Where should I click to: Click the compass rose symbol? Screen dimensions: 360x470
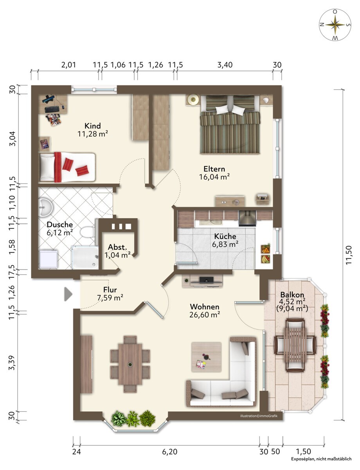tap(335, 25)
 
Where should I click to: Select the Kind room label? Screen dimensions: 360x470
tap(92, 126)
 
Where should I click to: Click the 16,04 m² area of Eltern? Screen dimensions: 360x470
tap(214, 177)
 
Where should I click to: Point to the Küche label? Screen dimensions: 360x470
tap(225, 236)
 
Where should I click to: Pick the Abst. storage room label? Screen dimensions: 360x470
tap(117, 247)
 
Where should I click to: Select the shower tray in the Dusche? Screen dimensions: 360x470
tap(85, 257)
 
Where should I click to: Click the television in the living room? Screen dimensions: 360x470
tap(206, 280)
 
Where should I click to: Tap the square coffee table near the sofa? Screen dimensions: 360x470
tap(206, 357)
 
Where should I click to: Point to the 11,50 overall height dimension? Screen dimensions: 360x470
tap(349, 255)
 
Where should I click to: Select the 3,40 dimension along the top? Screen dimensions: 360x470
tap(225, 65)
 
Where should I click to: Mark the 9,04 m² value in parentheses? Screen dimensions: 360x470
tap(292, 308)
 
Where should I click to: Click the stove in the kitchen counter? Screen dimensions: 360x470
tap(247, 219)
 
